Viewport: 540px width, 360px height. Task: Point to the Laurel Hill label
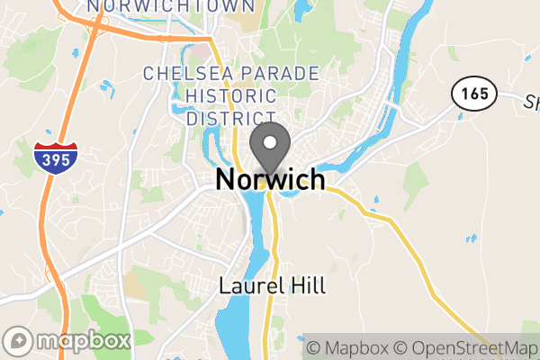(x=273, y=287)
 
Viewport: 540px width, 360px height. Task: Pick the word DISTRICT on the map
(x=230, y=118)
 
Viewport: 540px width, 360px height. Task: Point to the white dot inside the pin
(x=270, y=141)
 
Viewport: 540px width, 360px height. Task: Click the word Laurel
(x=249, y=287)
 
